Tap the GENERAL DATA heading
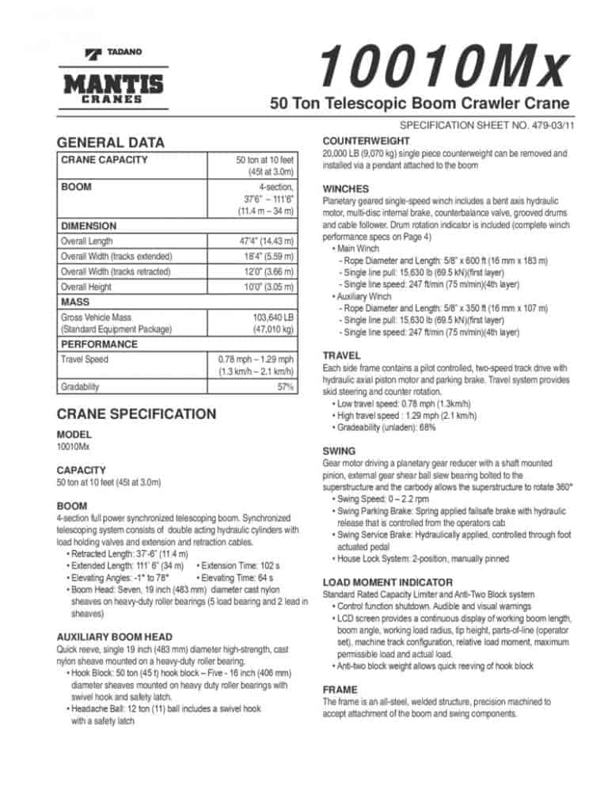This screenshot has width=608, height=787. [x=112, y=143]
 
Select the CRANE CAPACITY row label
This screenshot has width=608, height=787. [x=104, y=160]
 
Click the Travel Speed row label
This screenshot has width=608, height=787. [x=84, y=359]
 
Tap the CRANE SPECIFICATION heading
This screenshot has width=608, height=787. [x=136, y=413]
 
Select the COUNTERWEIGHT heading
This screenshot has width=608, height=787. [x=366, y=137]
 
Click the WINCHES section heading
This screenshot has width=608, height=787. [x=346, y=189]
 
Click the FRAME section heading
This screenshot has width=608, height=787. [x=340, y=690]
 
